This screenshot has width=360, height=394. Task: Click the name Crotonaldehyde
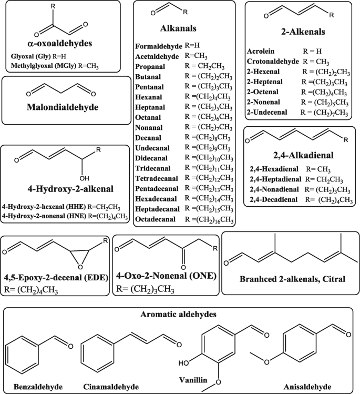[x=274, y=61]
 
